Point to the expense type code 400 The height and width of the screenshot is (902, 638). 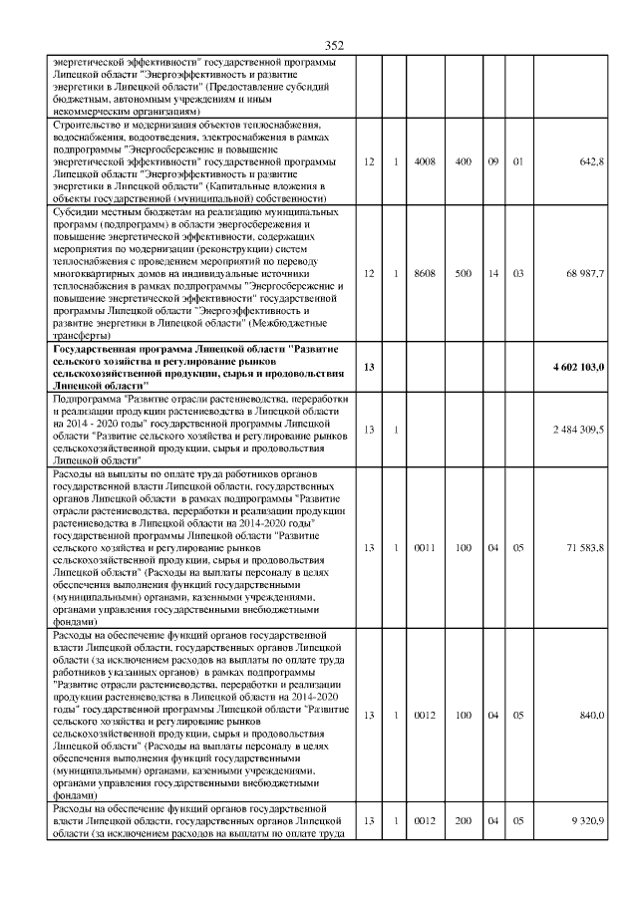coord(464,161)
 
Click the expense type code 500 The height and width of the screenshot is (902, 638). coord(464,273)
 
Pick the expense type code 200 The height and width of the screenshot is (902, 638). coord(464,819)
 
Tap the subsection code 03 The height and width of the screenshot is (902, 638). coord(518,273)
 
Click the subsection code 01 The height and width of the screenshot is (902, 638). coord(518,161)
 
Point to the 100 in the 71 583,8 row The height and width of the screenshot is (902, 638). coord(464,547)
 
